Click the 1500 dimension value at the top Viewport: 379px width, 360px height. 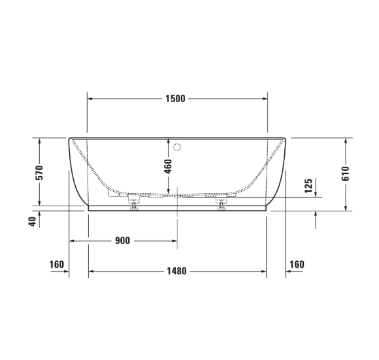click(x=176, y=99)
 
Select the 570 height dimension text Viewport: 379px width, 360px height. click(x=39, y=173)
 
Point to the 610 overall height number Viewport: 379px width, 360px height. click(x=346, y=173)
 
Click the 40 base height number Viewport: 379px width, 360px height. click(x=31, y=222)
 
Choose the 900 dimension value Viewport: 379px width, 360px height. click(x=122, y=241)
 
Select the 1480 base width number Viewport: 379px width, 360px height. click(x=176, y=272)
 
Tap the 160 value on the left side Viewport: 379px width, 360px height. click(x=56, y=264)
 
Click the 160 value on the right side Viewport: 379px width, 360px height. click(x=297, y=264)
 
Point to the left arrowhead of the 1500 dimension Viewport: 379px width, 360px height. click(x=90, y=99)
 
